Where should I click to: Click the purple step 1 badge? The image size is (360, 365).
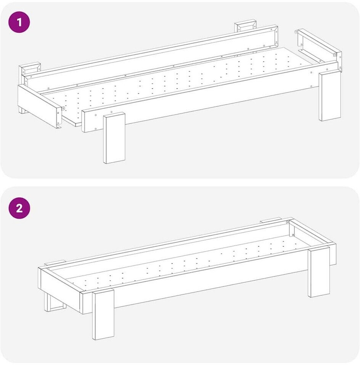tap(19, 22)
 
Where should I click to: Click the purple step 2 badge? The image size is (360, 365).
tap(19, 208)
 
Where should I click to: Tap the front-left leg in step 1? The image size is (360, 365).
tap(114, 138)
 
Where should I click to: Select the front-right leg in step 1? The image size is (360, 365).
tap(330, 96)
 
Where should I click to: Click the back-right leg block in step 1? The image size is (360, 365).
tap(245, 27)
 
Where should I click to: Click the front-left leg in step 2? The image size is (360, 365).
tap(103, 314)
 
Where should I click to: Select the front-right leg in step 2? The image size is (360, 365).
tap(319, 272)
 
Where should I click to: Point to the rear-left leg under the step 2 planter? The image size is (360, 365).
tap(55, 303)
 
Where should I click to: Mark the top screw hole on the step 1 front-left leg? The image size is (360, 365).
tap(111, 112)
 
